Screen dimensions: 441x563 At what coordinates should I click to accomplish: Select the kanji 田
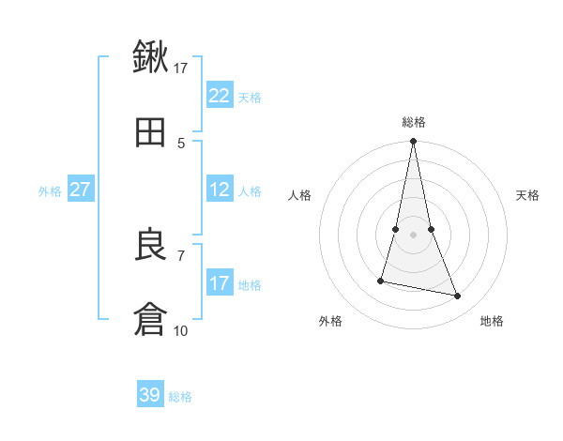(150, 132)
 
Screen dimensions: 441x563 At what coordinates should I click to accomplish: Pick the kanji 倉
(150, 319)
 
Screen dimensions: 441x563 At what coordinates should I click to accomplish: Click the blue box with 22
(219, 96)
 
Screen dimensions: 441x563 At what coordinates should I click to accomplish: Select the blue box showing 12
(219, 190)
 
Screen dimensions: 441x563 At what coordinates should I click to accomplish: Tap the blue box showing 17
(219, 283)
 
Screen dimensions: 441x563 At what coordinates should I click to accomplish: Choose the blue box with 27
(80, 190)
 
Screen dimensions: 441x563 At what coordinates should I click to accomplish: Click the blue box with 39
(150, 395)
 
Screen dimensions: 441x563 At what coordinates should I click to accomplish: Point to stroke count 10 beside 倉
(181, 330)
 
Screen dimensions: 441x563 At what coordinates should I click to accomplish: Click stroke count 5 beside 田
(181, 143)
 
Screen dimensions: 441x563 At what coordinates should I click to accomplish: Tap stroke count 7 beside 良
(181, 254)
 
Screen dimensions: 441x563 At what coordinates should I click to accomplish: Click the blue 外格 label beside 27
(50, 190)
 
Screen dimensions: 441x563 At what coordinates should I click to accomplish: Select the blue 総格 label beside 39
(180, 397)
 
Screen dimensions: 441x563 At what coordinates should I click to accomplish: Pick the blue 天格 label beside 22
(250, 97)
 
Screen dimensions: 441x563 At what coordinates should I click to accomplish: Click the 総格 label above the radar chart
(414, 122)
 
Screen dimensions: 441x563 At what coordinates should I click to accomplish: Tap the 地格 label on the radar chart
(492, 321)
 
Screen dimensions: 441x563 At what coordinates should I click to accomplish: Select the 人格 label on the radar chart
(300, 195)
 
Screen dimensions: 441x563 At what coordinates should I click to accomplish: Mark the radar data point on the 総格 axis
(414, 142)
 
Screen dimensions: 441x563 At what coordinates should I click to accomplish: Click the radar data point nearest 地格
(458, 297)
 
